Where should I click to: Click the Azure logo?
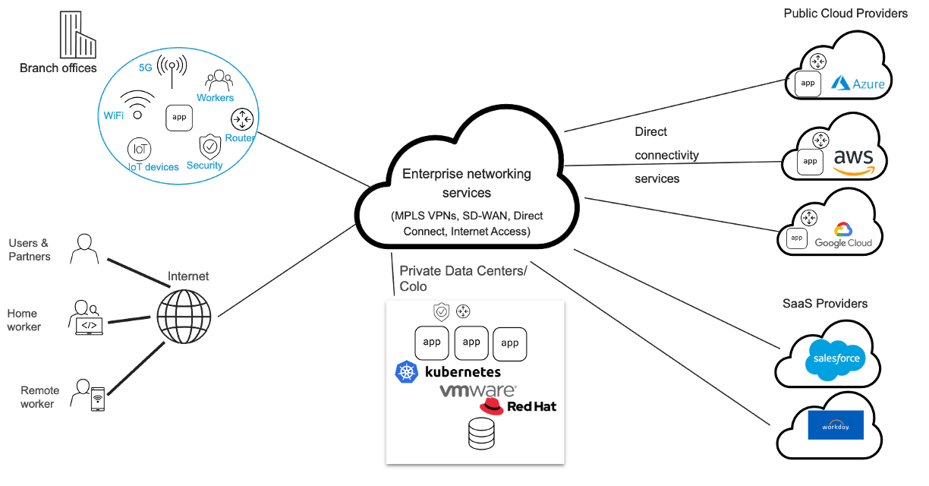tap(858, 84)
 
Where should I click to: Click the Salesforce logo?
tap(836, 360)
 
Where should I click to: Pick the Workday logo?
tap(836, 424)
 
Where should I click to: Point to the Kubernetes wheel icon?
tap(408, 372)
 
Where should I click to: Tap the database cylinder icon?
tap(481, 434)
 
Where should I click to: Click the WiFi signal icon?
tap(137, 105)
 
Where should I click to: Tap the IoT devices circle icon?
tap(138, 147)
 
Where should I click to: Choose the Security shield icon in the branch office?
tap(209, 145)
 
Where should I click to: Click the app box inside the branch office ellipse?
tap(179, 118)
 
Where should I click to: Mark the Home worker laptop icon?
tap(87, 317)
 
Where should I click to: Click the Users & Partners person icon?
tap(85, 248)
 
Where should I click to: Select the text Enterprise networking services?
tap(467, 183)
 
